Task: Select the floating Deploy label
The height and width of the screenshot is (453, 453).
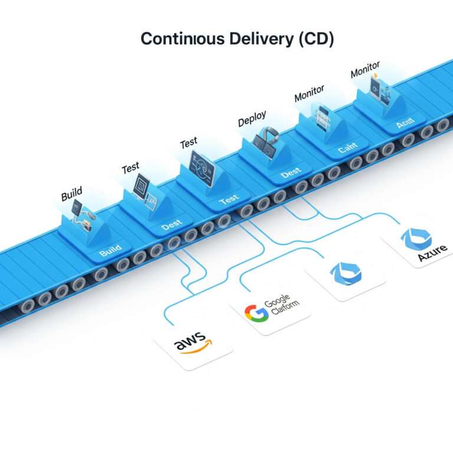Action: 252,118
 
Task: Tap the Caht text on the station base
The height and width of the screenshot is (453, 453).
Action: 347,150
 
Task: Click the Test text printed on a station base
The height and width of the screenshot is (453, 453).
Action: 228,201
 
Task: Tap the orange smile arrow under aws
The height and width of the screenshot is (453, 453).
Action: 193,352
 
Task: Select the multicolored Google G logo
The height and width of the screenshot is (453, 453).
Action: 256,313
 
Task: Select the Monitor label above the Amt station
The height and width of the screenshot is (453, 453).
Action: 365,70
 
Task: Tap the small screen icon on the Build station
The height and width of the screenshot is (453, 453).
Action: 78,207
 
